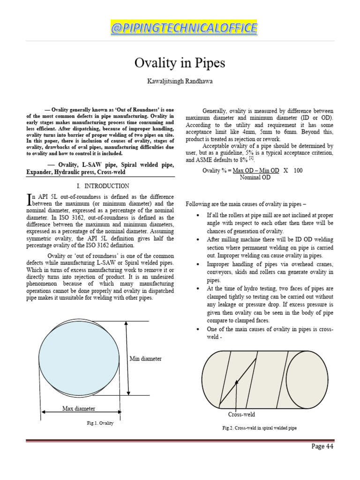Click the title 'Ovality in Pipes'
[x=180, y=63]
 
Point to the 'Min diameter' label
[x=145, y=359]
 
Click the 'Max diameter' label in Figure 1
[x=79, y=409]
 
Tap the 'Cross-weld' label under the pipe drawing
[x=241, y=414]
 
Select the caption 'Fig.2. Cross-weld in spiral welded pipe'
[x=259, y=428]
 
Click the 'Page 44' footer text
[x=322, y=446]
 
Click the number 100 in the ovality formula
[x=298, y=170]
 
